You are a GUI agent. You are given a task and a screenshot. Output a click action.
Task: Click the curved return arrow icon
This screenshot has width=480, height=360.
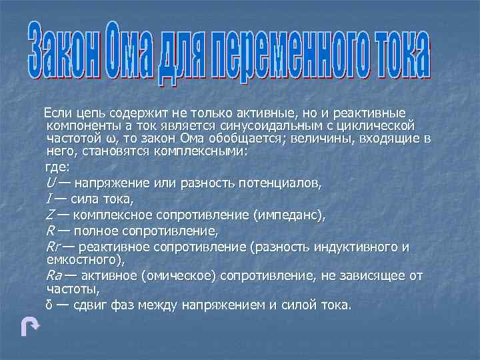coord(30,327)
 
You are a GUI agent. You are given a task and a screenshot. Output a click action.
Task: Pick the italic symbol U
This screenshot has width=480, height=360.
coord(50,183)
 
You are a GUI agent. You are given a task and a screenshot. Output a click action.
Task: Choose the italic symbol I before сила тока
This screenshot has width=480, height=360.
coord(49,199)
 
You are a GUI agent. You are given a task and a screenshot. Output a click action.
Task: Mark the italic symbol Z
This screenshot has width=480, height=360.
coord(50,215)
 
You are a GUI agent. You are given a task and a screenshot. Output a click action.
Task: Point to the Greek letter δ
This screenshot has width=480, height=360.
coord(49,305)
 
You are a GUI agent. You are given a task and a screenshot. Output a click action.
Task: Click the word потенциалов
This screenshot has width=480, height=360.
coord(283,183)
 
